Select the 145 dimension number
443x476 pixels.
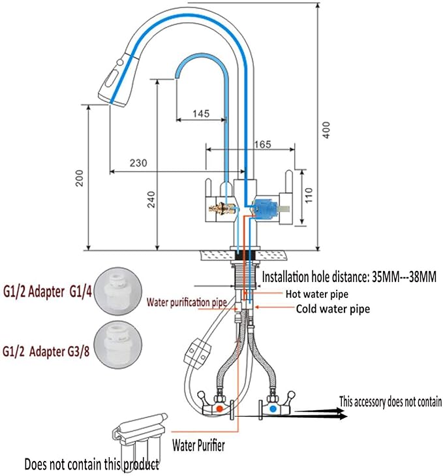click(201, 114)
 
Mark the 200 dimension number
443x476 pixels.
click(80, 178)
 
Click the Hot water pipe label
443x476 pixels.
click(317, 294)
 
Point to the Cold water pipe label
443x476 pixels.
click(333, 309)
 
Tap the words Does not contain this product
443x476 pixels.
click(91, 465)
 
